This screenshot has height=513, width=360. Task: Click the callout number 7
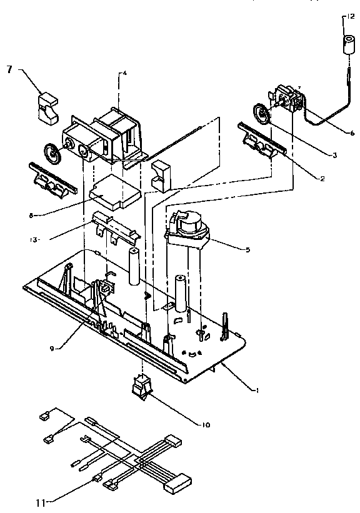9,69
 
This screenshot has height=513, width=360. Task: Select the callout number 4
124,73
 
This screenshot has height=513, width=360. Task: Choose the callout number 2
322,179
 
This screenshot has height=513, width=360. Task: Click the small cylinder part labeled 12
347,44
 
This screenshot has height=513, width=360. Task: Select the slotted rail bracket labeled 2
262,139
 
